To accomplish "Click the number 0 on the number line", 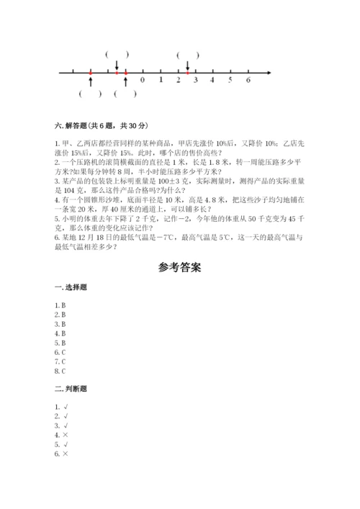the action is click(x=143, y=80).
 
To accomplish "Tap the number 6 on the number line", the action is click(x=248, y=80).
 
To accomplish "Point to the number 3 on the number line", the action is click(x=195, y=80).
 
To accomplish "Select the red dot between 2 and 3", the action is click(x=187, y=73).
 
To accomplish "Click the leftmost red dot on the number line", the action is click(x=90, y=73).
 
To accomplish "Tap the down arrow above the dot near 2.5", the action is click(x=187, y=66).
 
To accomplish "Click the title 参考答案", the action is click(x=179, y=268).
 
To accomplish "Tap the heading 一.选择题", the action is click(x=71, y=287).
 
